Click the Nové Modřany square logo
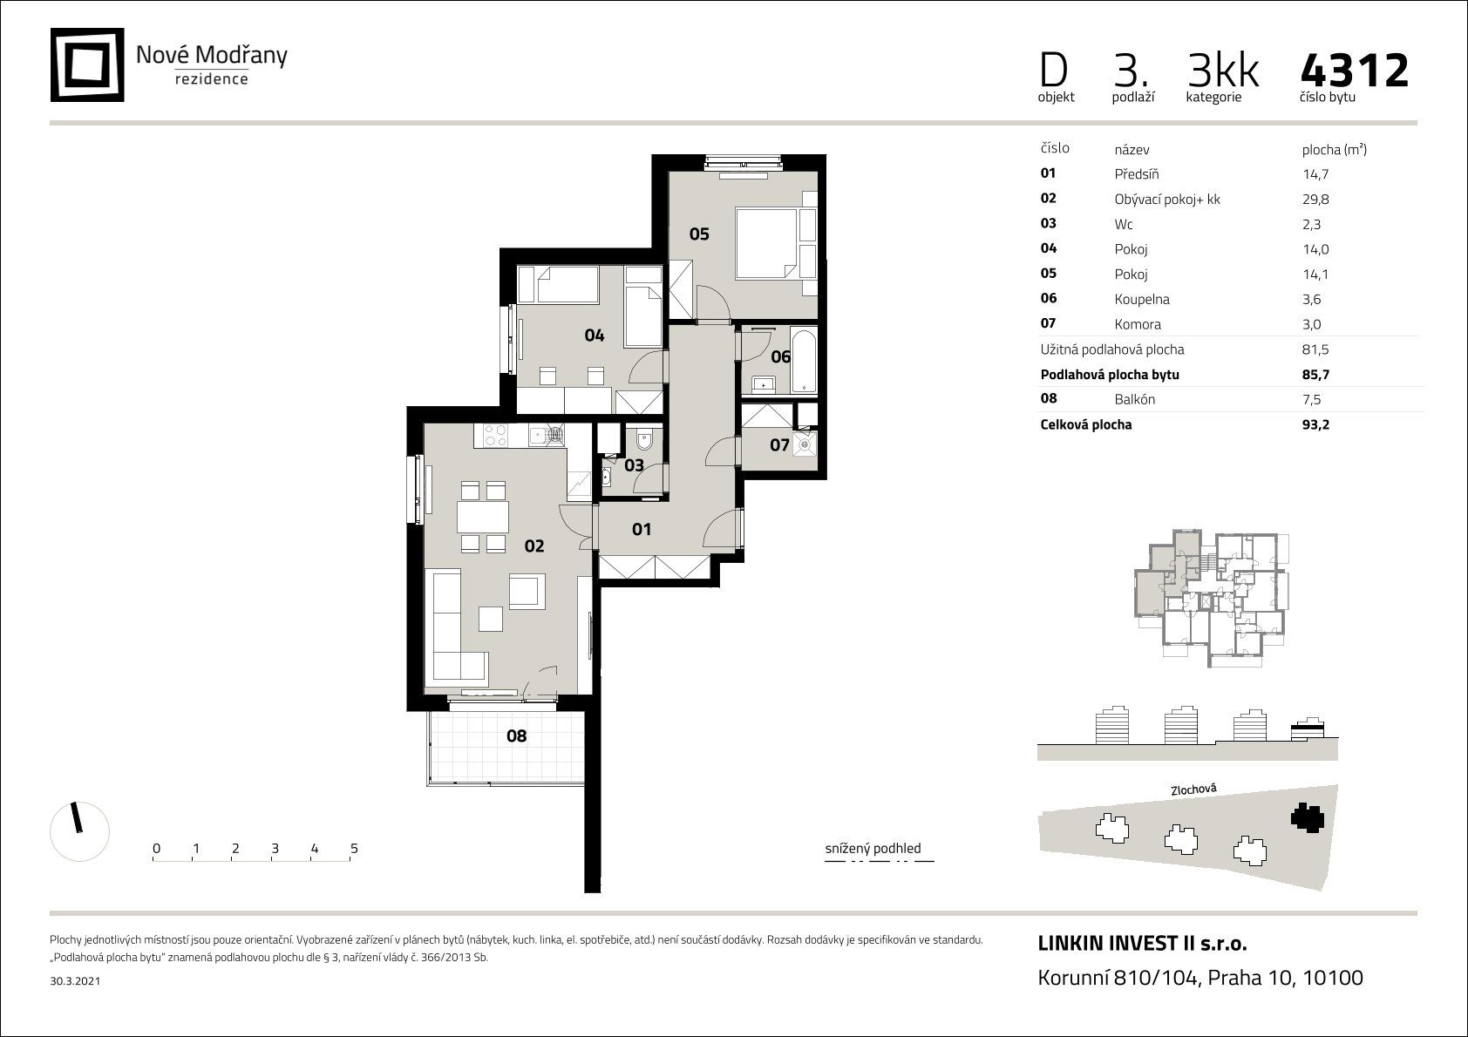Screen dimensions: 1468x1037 (x=87, y=64)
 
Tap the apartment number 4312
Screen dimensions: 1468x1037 (x=1355, y=71)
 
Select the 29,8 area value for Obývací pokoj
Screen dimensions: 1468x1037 (x=1315, y=200)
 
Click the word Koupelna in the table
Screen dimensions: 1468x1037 (x=1142, y=300)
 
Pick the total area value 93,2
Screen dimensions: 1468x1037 (x=1315, y=424)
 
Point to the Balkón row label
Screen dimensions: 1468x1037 (x=1134, y=400)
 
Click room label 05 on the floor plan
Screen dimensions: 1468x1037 (x=699, y=234)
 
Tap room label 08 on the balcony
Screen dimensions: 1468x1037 (x=516, y=736)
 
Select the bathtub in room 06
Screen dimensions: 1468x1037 (x=804, y=360)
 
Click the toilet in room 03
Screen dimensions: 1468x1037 (x=644, y=440)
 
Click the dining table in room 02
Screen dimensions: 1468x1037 (x=483, y=517)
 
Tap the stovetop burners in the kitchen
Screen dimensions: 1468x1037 (x=495, y=436)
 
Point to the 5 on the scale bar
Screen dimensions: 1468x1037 (x=354, y=848)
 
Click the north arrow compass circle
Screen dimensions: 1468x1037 (x=80, y=831)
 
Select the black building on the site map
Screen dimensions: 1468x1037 (x=1308, y=817)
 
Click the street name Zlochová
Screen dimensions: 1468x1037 (x=1193, y=790)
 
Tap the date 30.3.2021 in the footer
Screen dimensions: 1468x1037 (x=75, y=981)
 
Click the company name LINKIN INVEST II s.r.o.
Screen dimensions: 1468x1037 (x=1142, y=944)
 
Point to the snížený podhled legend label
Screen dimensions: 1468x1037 (x=873, y=848)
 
